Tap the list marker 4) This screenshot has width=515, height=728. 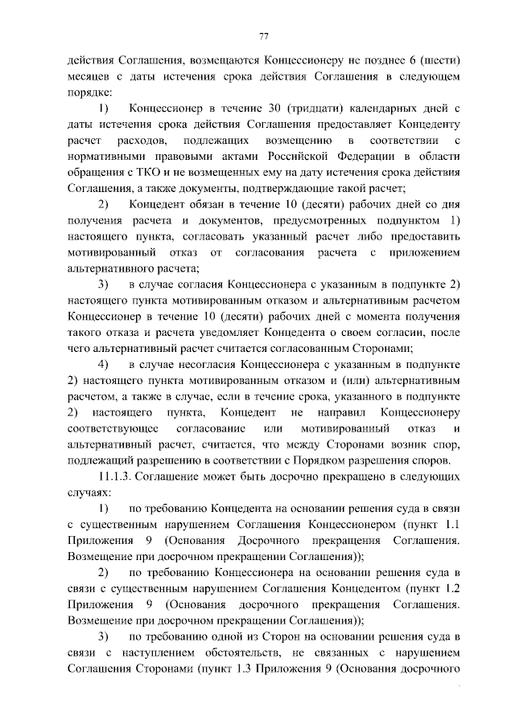(103, 364)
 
